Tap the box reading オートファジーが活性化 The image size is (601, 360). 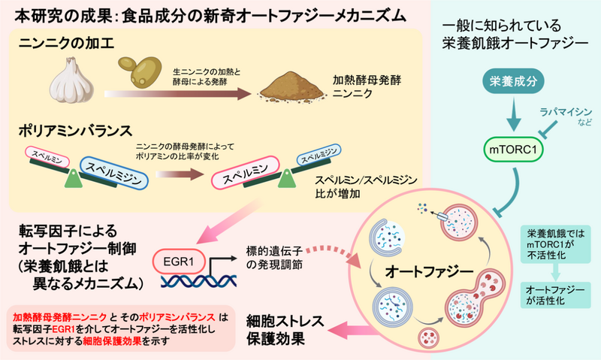(560, 293)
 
